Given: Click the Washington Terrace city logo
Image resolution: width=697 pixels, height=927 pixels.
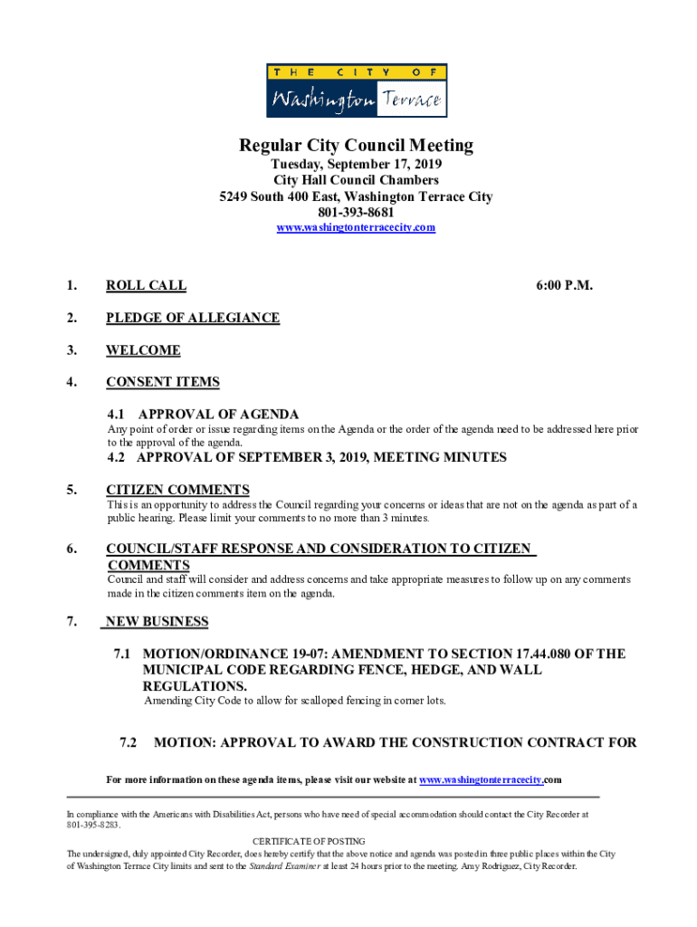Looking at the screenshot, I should (356, 91).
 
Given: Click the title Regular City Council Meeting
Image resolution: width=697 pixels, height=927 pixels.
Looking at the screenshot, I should (356, 146).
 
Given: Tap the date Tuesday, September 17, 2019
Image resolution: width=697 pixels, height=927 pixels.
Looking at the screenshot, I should (356, 165).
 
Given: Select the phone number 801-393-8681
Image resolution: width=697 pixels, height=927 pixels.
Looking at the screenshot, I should (356, 212).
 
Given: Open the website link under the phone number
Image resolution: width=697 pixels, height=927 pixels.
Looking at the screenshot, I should (356, 227).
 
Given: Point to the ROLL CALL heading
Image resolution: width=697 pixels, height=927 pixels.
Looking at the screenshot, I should (146, 285).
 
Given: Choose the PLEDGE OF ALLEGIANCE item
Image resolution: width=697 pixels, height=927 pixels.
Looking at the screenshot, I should (192, 318).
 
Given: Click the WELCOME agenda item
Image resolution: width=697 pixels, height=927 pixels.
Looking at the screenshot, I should (143, 350).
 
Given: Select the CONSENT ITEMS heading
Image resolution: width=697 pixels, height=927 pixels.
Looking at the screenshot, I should (162, 382).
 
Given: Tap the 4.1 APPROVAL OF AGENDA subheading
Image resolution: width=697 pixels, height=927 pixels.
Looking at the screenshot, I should (204, 414).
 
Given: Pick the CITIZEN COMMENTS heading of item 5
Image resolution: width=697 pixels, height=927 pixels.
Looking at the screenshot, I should (177, 490).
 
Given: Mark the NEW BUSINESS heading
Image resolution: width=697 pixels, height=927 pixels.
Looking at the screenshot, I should (157, 621).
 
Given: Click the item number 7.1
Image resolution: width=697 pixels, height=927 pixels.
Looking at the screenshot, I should (123, 654).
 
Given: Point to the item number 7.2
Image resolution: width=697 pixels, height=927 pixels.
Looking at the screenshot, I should (129, 742).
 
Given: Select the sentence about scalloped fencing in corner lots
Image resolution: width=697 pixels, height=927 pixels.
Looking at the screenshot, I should (295, 701).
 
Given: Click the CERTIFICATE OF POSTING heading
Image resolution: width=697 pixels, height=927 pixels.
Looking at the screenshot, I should (309, 841).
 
